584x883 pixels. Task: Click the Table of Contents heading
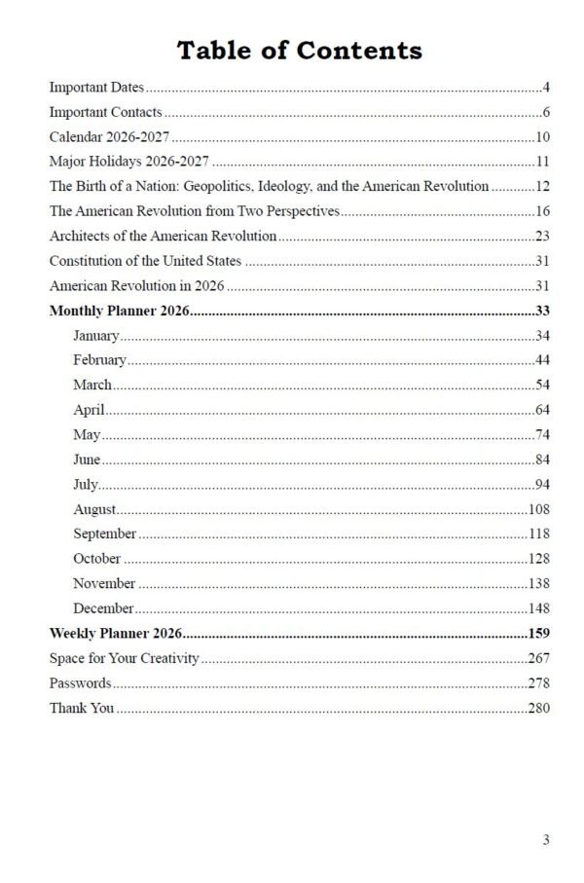coord(299,51)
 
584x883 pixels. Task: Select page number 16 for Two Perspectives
coord(543,210)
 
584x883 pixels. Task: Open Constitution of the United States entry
coord(145,261)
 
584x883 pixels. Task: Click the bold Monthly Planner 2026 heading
coord(119,312)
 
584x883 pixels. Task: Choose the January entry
coord(95,336)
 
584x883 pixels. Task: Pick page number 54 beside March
coord(543,386)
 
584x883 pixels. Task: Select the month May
coord(87,434)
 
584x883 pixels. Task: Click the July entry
coord(86,484)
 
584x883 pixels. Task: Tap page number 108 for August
coord(539,509)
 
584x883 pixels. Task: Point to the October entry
coord(96,559)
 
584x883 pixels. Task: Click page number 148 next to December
coord(539,608)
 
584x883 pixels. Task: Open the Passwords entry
coord(80,683)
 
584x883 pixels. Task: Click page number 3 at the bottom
coord(547,839)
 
